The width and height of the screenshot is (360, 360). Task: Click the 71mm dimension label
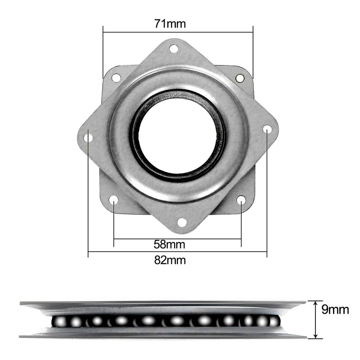170,24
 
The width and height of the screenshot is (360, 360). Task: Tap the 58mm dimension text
169,245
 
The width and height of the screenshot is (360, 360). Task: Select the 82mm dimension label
170,260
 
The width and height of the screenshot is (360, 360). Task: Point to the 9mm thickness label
335,310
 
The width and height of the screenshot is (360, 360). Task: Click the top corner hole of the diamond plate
174,49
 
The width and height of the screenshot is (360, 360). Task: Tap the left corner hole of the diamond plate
88,137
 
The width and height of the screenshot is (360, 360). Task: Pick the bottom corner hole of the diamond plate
182,222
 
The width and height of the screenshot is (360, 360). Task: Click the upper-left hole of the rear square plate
116,77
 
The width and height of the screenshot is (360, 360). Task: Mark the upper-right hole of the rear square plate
240,78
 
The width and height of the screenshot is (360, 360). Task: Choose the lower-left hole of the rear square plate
114,200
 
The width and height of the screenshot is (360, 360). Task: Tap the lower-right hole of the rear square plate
241,200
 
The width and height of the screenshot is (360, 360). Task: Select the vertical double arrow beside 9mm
315,319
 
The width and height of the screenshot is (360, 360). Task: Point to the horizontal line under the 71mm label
178,32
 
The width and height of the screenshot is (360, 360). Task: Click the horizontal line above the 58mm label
177,238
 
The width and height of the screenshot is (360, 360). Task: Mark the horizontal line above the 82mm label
177,252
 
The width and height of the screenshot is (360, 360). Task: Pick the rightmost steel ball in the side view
274,321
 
